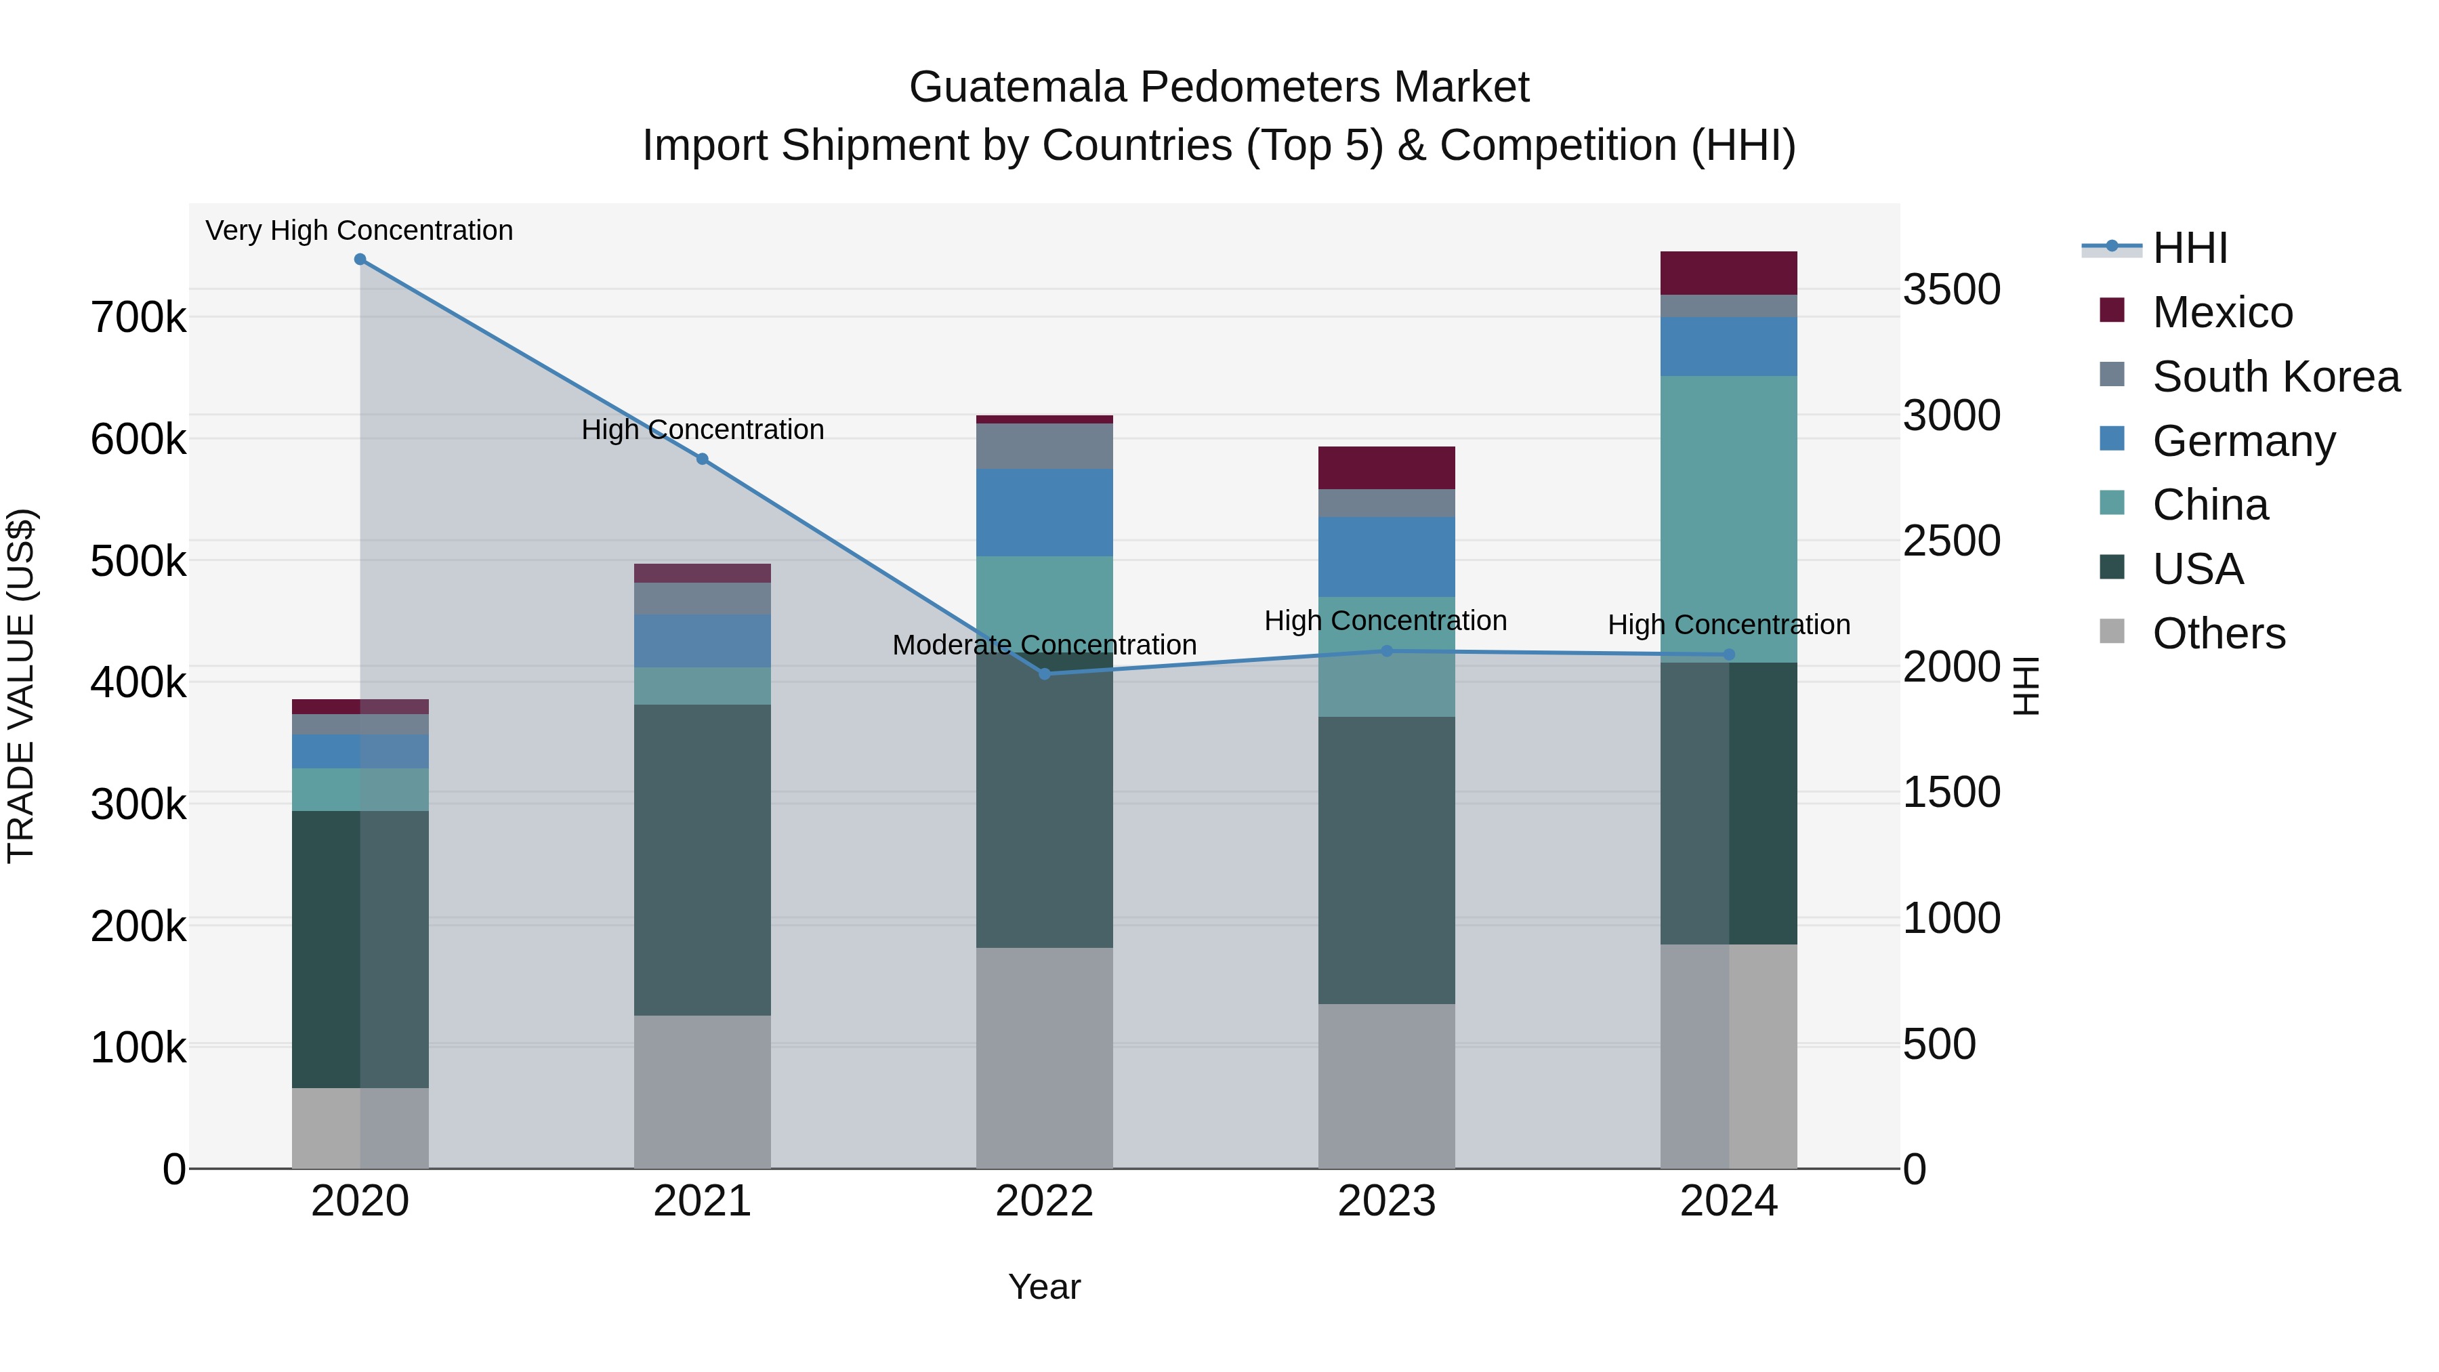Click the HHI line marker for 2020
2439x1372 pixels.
(360, 259)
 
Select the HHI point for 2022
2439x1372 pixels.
(1044, 674)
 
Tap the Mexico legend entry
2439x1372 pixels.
(2222, 312)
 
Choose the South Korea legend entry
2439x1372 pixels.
(2274, 377)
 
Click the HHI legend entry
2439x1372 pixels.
(2189, 248)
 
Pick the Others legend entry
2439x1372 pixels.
(2217, 633)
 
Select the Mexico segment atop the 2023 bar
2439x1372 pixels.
(1386, 467)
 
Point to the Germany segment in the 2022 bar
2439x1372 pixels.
(1044, 512)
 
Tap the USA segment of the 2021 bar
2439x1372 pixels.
(702, 860)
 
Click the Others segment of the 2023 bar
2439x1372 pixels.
(1386, 1086)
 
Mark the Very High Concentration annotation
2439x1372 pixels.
(359, 231)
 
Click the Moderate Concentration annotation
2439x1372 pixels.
(1044, 645)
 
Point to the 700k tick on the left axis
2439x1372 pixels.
(138, 318)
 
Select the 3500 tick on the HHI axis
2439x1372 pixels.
(1951, 290)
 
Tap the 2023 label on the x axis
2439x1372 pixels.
(1386, 1201)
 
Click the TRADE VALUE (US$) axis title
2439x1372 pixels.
(21, 686)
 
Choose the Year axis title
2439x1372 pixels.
(1044, 1287)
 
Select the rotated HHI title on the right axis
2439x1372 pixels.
(2025, 686)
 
